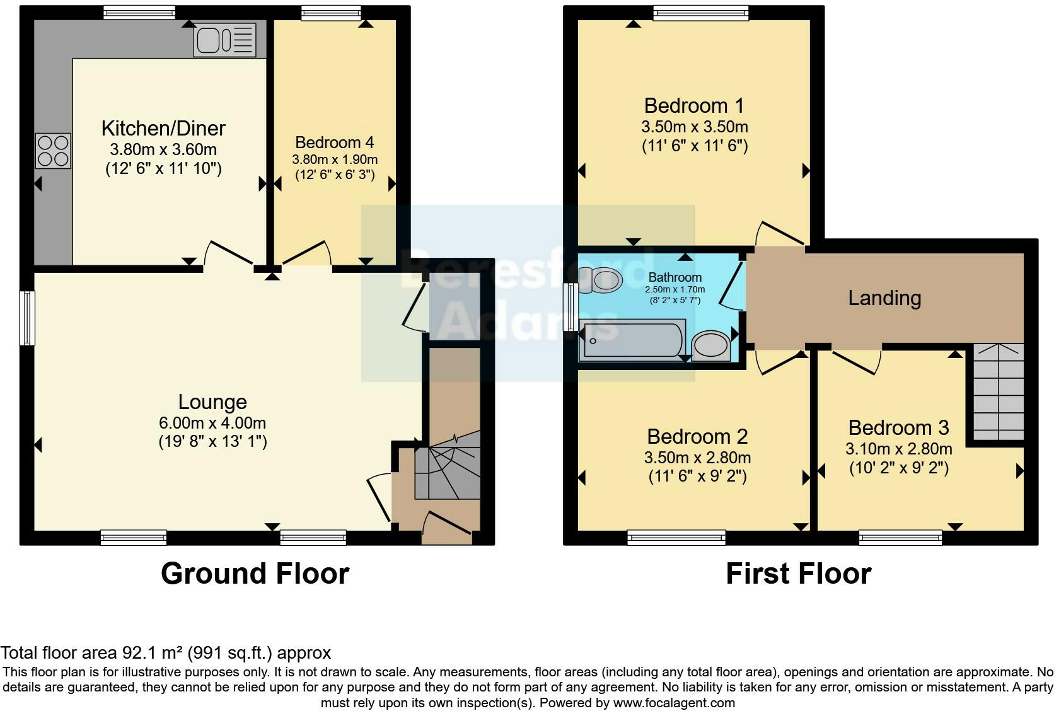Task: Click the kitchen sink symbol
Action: [225, 40]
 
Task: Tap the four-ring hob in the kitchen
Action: [53, 151]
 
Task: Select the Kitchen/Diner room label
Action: [163, 129]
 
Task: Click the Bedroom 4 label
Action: [335, 142]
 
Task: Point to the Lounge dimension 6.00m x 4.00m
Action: [212, 423]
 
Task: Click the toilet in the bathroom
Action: [601, 280]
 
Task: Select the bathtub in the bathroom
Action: [632, 341]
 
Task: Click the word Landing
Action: [884, 298]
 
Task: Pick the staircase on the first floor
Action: [998, 392]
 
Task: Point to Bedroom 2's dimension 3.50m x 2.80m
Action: [697, 457]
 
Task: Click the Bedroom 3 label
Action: [898, 428]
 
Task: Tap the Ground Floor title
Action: [255, 574]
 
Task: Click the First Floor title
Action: [798, 574]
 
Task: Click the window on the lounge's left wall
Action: [27, 318]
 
